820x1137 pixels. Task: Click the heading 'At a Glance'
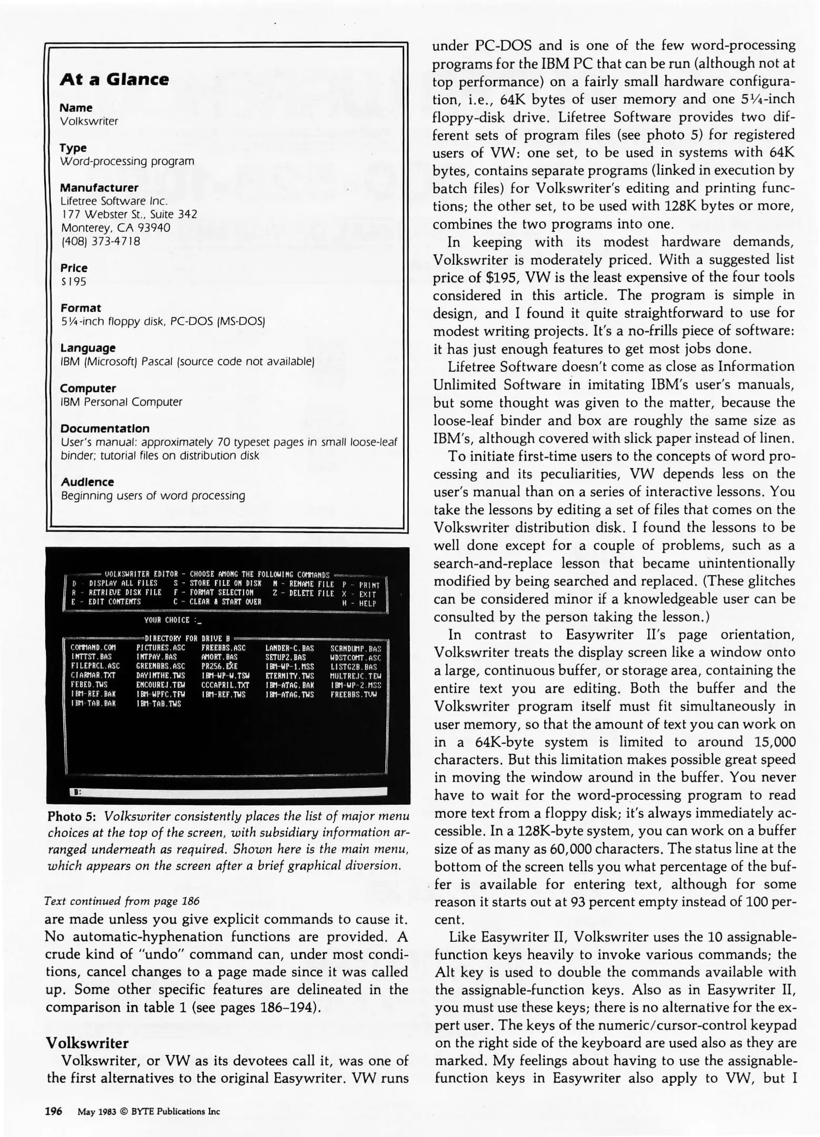[114, 79]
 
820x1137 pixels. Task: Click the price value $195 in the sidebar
[73, 282]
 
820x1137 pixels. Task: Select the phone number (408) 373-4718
[101, 242]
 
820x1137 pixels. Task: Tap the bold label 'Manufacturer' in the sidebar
[99, 188]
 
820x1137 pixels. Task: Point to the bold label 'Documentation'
[105, 428]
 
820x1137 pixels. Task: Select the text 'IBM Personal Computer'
[121, 402]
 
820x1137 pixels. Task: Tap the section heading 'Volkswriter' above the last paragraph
[87, 1043]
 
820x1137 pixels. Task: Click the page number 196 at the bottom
[53, 1111]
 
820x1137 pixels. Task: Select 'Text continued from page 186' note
[122, 901]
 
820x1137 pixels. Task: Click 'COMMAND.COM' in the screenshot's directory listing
[93, 647]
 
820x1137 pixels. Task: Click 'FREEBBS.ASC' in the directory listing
[223, 647]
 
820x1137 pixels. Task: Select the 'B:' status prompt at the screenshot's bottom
[77, 791]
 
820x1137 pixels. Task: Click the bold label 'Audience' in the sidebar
[87, 482]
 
